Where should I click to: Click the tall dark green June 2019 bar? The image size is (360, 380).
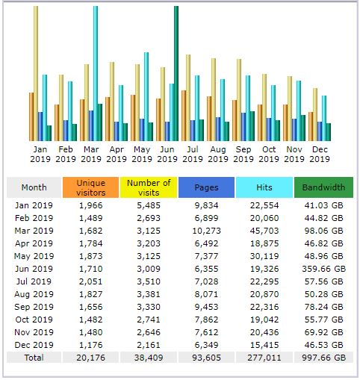point(176,73)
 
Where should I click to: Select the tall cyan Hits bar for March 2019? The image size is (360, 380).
point(96,73)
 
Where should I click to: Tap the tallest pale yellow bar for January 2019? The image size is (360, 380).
point(36,73)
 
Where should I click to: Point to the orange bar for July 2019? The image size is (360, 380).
point(184,116)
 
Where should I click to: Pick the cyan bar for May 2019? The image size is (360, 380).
point(146,96)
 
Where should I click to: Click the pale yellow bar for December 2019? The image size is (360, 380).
point(315,114)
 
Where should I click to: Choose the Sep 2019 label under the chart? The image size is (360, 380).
point(243,154)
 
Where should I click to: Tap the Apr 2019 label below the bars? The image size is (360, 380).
point(117,154)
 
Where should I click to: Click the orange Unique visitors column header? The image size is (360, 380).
point(90,187)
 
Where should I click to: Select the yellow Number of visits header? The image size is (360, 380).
point(149,187)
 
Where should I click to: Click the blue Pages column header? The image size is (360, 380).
point(206,187)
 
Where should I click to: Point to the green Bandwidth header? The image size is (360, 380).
point(323,187)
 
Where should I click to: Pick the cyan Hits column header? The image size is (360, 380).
point(264,187)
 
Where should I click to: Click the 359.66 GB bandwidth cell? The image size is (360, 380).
point(323,269)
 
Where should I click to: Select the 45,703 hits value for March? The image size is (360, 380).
point(264,231)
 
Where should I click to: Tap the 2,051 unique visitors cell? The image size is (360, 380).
point(90,281)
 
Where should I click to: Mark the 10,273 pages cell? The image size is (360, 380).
point(206,231)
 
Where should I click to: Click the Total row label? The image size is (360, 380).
point(34,358)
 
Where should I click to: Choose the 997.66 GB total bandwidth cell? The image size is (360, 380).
point(323,358)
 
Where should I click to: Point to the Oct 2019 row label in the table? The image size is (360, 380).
point(34,320)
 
